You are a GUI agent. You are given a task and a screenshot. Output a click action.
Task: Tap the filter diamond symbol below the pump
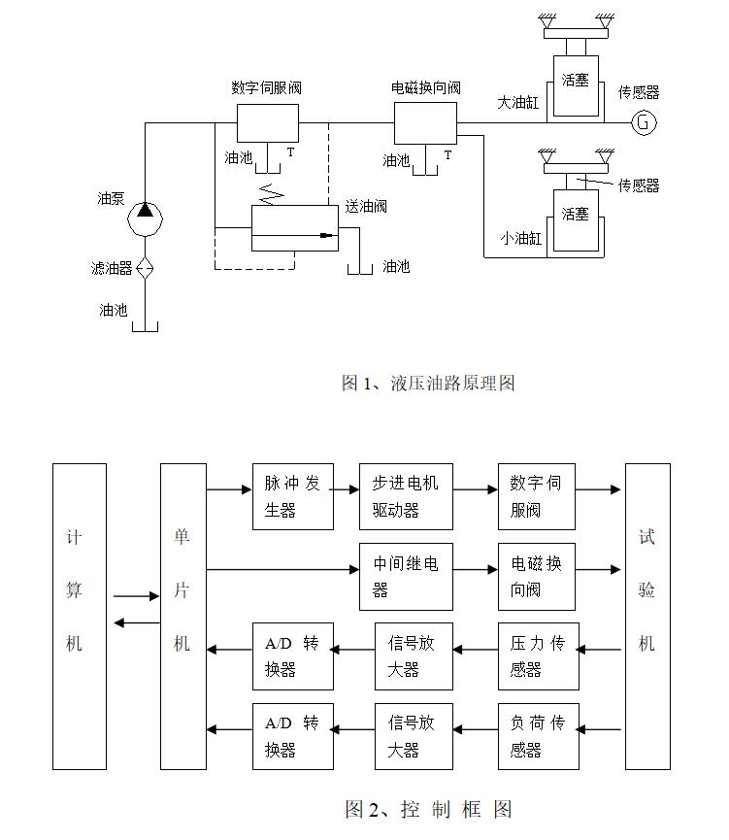(144, 268)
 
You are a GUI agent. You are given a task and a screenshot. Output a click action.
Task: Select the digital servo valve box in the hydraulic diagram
(267, 123)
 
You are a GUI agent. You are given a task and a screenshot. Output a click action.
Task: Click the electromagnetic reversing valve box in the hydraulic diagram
(424, 123)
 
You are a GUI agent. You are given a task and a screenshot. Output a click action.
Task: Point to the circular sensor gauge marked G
(643, 122)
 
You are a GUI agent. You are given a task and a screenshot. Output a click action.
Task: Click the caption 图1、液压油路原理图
(427, 383)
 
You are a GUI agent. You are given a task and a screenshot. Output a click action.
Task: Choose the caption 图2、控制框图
(428, 808)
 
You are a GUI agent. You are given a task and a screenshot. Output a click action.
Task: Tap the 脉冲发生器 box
(292, 496)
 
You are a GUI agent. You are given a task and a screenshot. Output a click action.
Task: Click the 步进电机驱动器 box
(405, 496)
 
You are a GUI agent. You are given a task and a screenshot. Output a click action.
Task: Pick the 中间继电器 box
(405, 576)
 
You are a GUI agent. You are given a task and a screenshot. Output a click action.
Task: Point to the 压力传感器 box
(538, 655)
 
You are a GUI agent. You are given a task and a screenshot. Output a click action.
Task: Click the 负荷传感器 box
(538, 736)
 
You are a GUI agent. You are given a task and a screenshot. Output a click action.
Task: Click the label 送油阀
(366, 206)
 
